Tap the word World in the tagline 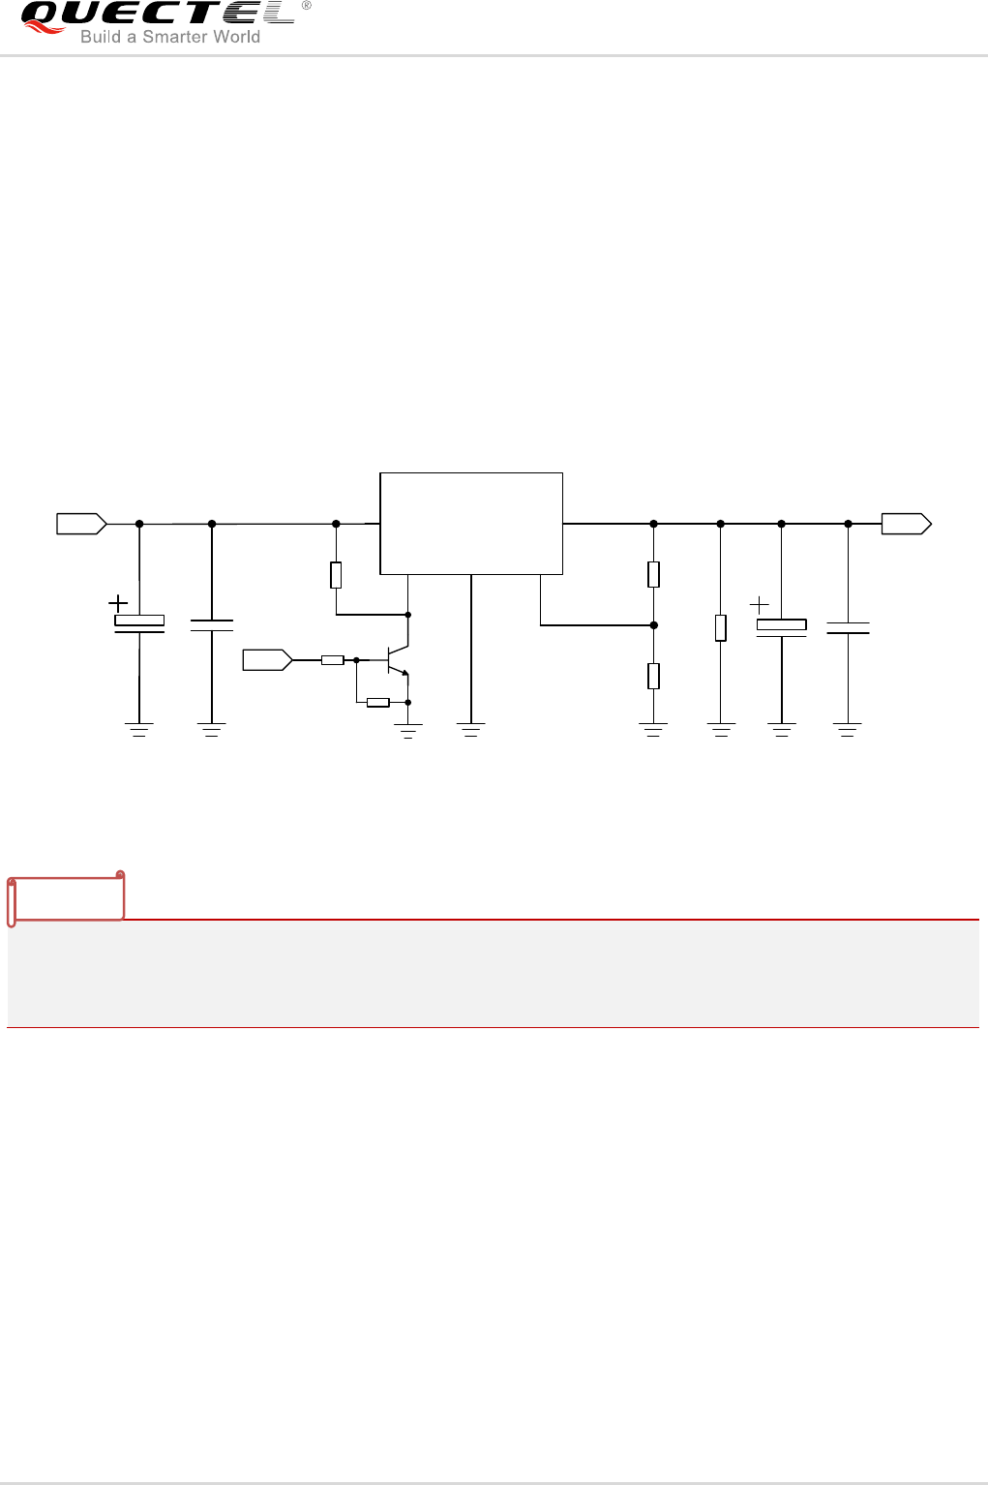tap(236, 37)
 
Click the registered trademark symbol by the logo tap(307, 6)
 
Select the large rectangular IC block tap(471, 524)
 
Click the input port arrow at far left tap(81, 524)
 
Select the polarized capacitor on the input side tap(139, 624)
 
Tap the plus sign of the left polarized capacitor tap(118, 603)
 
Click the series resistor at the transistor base tap(333, 660)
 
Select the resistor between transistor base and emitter tap(378, 703)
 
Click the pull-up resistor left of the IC tap(336, 575)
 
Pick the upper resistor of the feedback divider tap(654, 574)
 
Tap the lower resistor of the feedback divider tap(654, 676)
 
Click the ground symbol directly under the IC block tap(471, 730)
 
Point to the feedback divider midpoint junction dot tap(654, 625)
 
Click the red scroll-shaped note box tap(67, 897)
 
